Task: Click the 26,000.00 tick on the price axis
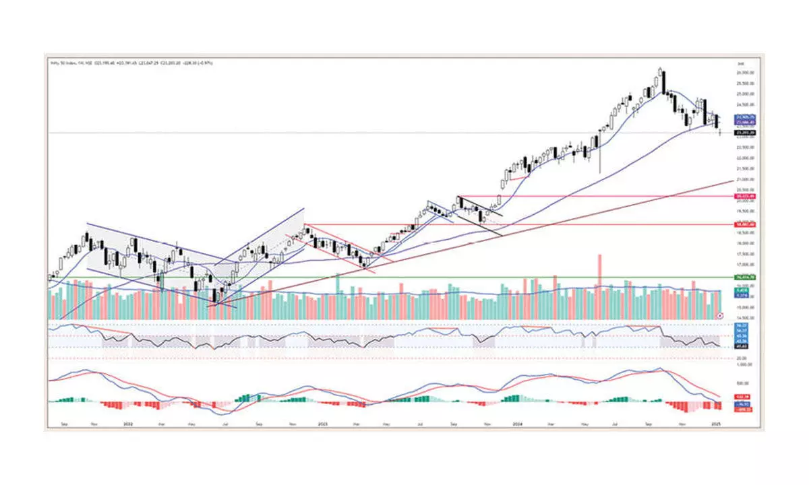click(x=744, y=72)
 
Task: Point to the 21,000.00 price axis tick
click(x=744, y=179)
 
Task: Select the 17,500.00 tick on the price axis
click(x=744, y=254)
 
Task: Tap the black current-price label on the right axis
click(x=744, y=133)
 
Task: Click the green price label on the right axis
click(x=744, y=277)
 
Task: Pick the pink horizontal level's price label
click(x=744, y=196)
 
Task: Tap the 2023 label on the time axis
click(x=304, y=425)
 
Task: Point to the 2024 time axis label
click(x=518, y=425)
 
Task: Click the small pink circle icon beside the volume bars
click(x=721, y=315)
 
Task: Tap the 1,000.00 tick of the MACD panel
click(x=744, y=365)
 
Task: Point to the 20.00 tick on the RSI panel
click(x=742, y=358)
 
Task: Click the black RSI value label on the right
click(x=744, y=346)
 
